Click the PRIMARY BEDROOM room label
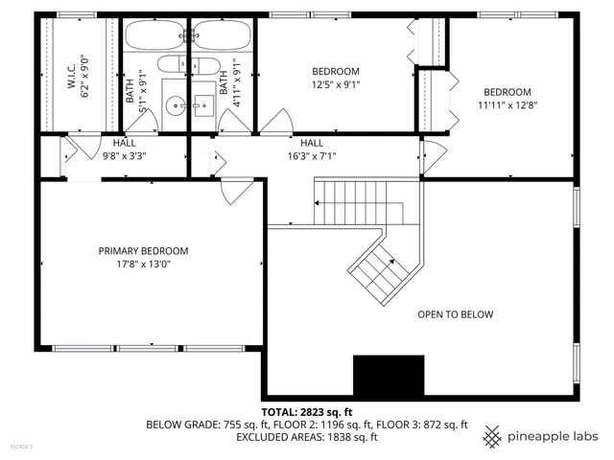click(x=144, y=251)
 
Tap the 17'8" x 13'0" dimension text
click(x=144, y=265)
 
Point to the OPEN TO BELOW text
click(x=455, y=314)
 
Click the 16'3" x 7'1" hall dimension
click(x=312, y=156)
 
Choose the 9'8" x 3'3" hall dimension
click(x=124, y=156)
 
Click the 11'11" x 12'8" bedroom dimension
click(x=506, y=105)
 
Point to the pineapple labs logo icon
click(x=492, y=436)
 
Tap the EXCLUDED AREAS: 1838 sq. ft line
click(x=307, y=437)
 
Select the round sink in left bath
click(x=173, y=105)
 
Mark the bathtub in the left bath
click(x=155, y=36)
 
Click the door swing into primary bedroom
click(x=230, y=190)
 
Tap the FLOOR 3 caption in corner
click(x=21, y=448)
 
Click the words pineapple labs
click(x=555, y=437)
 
